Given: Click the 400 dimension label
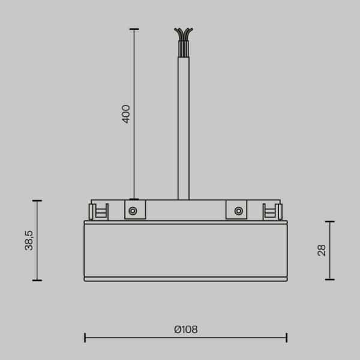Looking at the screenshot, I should (126, 113).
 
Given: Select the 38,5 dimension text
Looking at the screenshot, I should (29, 240).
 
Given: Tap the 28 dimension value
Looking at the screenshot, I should (322, 250).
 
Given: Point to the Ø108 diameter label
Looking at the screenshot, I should (185, 329).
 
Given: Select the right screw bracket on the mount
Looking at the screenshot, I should (238, 210).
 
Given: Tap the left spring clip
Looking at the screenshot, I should (98, 211).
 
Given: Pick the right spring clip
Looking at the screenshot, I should (272, 211).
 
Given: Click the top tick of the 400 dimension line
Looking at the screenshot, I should (133, 29).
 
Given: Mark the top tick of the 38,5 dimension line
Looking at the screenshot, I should (37, 201).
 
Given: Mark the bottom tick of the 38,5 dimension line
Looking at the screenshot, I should (37, 280).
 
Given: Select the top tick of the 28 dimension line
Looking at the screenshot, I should (329, 221).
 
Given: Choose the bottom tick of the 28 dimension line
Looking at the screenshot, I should (329, 280).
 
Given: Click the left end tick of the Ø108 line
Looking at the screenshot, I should (85, 337).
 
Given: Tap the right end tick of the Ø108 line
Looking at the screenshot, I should (286, 337).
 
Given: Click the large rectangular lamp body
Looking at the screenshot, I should (185, 249).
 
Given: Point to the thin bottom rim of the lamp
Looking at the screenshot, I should (185, 279).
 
